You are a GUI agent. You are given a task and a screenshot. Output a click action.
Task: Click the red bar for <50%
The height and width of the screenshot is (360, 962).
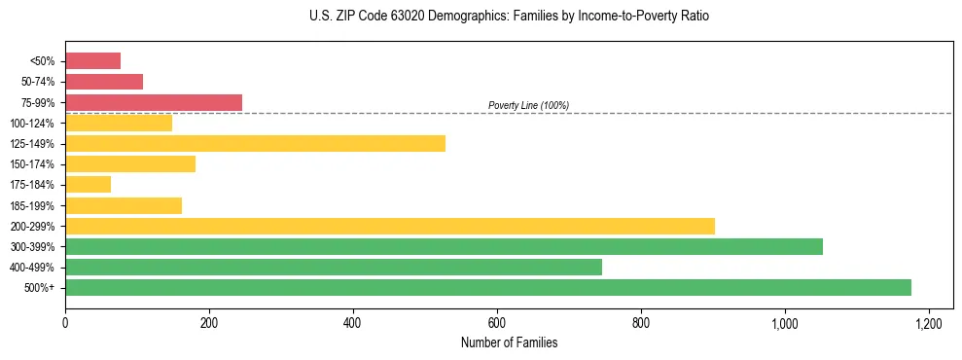coord(92,61)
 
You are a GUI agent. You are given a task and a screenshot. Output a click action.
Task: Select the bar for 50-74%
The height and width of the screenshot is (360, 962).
coord(104,82)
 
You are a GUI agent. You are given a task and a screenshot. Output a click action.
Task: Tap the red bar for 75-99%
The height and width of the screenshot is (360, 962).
coord(153,102)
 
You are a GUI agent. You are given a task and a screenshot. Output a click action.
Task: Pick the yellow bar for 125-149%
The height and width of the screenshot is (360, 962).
coord(255,143)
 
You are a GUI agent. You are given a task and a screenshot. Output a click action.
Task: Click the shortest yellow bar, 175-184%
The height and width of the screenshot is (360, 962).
coord(88,184)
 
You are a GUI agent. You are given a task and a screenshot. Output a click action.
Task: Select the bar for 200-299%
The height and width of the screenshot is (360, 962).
coord(389,226)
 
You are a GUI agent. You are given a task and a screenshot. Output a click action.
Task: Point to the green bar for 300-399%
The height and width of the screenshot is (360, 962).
coord(444,246)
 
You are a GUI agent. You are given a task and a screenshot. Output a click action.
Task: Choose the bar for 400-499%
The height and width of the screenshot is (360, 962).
coord(333,267)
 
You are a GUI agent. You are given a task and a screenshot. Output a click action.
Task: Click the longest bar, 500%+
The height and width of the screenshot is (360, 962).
coord(487,287)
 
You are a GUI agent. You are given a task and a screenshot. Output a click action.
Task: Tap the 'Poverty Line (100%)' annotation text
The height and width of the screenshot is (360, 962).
coord(528,105)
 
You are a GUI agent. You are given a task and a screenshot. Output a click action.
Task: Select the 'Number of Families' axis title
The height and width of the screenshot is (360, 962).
coord(496,342)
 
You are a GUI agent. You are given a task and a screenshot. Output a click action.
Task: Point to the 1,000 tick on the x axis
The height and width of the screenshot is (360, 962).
coord(784,323)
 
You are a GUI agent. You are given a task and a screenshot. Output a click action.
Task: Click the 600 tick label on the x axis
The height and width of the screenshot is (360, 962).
coord(496,323)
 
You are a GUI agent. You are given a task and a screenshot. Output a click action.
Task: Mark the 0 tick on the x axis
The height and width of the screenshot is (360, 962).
coord(65,323)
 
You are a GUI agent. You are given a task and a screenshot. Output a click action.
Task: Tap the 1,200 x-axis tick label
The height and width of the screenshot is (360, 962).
coord(928,323)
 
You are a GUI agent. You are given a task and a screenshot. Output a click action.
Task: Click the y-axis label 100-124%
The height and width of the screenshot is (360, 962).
coord(33,124)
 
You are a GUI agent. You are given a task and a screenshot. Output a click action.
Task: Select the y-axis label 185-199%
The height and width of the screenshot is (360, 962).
coord(33,205)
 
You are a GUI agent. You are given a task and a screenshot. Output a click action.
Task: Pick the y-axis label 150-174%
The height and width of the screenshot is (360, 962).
coord(33,164)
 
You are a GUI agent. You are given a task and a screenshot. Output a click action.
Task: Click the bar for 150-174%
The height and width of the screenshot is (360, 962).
coord(129,163)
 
